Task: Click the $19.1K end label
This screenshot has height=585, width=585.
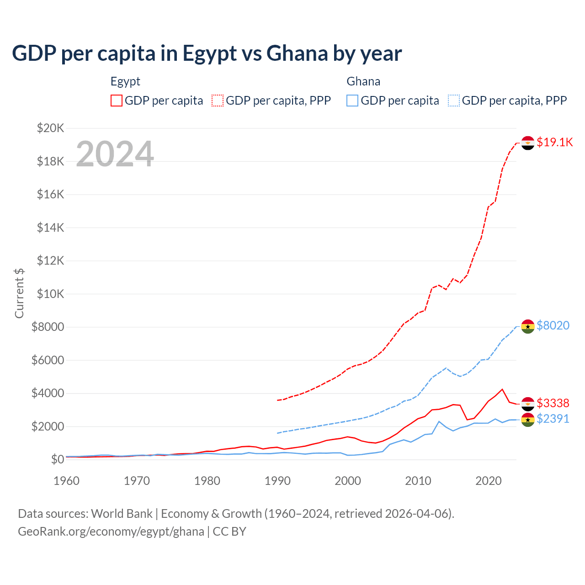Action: point(554,142)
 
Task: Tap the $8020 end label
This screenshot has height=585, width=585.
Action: point(553,325)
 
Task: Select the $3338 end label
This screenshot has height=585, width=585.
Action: point(553,403)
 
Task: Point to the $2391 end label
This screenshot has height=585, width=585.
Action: point(553,419)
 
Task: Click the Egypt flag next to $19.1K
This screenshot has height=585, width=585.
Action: point(528,143)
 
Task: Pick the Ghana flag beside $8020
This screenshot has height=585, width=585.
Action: point(528,326)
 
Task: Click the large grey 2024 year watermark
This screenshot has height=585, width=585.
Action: point(115,154)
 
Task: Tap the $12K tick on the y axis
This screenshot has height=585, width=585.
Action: point(50,261)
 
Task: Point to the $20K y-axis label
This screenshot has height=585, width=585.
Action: point(50,128)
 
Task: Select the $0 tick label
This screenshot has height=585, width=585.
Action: point(57,459)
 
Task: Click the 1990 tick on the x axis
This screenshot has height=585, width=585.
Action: point(277,481)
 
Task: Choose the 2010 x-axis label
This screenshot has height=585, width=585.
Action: point(418,481)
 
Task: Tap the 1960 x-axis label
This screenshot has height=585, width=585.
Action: point(67,481)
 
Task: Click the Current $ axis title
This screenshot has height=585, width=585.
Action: point(19,293)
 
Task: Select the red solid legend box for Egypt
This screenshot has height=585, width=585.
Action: point(117,101)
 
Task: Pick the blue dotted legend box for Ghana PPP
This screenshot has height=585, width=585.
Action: point(454,101)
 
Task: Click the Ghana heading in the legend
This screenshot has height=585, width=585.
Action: point(363,81)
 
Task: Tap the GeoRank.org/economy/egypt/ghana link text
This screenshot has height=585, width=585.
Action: point(111,532)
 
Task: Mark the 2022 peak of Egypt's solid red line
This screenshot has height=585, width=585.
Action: point(502,389)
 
